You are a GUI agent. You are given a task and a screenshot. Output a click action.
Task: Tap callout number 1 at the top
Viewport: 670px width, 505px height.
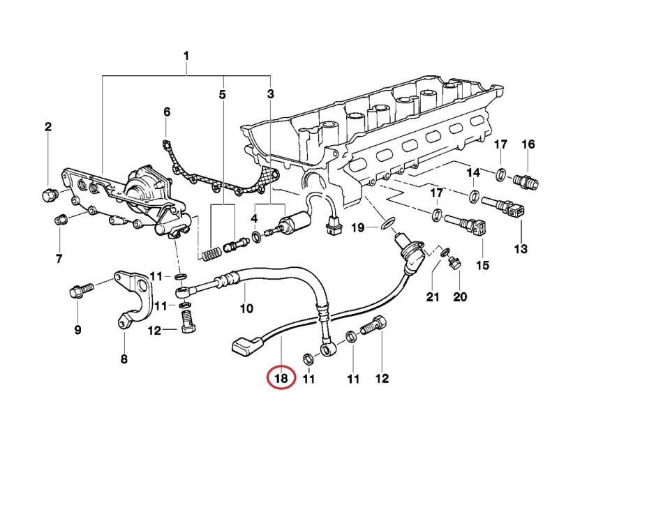186,55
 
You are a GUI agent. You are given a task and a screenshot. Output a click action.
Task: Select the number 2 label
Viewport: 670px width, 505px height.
48,127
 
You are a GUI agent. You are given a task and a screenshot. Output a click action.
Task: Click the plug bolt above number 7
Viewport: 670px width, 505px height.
60,221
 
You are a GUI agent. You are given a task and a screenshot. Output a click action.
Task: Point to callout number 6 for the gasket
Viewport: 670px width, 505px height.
167,112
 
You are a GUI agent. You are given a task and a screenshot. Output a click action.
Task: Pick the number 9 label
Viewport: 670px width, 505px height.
77,329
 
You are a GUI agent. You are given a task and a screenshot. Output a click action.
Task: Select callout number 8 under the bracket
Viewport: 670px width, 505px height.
124,360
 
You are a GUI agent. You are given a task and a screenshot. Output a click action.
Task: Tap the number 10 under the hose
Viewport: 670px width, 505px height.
246,308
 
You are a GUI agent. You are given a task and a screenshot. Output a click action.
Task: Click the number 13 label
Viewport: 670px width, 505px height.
521,249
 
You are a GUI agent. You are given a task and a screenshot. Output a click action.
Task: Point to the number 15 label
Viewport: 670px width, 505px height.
482,265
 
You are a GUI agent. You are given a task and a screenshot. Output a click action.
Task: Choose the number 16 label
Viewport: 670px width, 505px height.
528,144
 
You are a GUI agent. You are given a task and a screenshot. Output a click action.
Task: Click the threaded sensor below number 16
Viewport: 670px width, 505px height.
526,183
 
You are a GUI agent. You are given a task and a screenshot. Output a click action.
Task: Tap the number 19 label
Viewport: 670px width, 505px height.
357,227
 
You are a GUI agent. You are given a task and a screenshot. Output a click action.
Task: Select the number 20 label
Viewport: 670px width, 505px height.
460,297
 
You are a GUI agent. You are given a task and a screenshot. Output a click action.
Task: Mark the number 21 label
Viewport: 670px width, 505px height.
433,297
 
